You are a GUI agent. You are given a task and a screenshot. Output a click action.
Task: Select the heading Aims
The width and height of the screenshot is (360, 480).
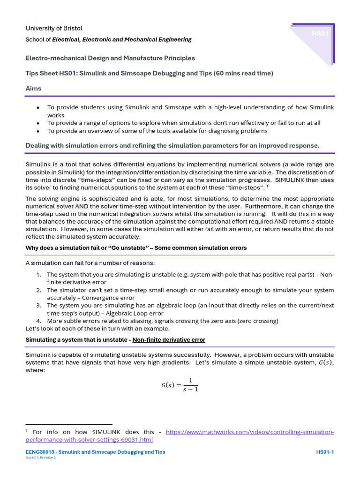(33, 88)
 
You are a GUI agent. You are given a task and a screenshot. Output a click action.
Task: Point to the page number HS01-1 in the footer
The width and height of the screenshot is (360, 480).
(325, 452)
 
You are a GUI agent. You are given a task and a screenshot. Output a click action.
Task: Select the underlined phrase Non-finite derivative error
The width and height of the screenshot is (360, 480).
(169, 339)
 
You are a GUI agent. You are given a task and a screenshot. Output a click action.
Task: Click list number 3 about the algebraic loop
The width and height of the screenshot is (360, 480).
(39, 305)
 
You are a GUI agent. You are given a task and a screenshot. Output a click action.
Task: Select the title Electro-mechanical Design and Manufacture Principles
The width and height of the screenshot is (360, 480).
(110, 58)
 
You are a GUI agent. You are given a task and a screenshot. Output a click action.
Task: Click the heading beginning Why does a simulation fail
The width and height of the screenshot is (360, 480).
(136, 247)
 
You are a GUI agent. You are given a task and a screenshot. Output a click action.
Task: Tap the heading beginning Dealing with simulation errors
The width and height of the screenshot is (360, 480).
(172, 145)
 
